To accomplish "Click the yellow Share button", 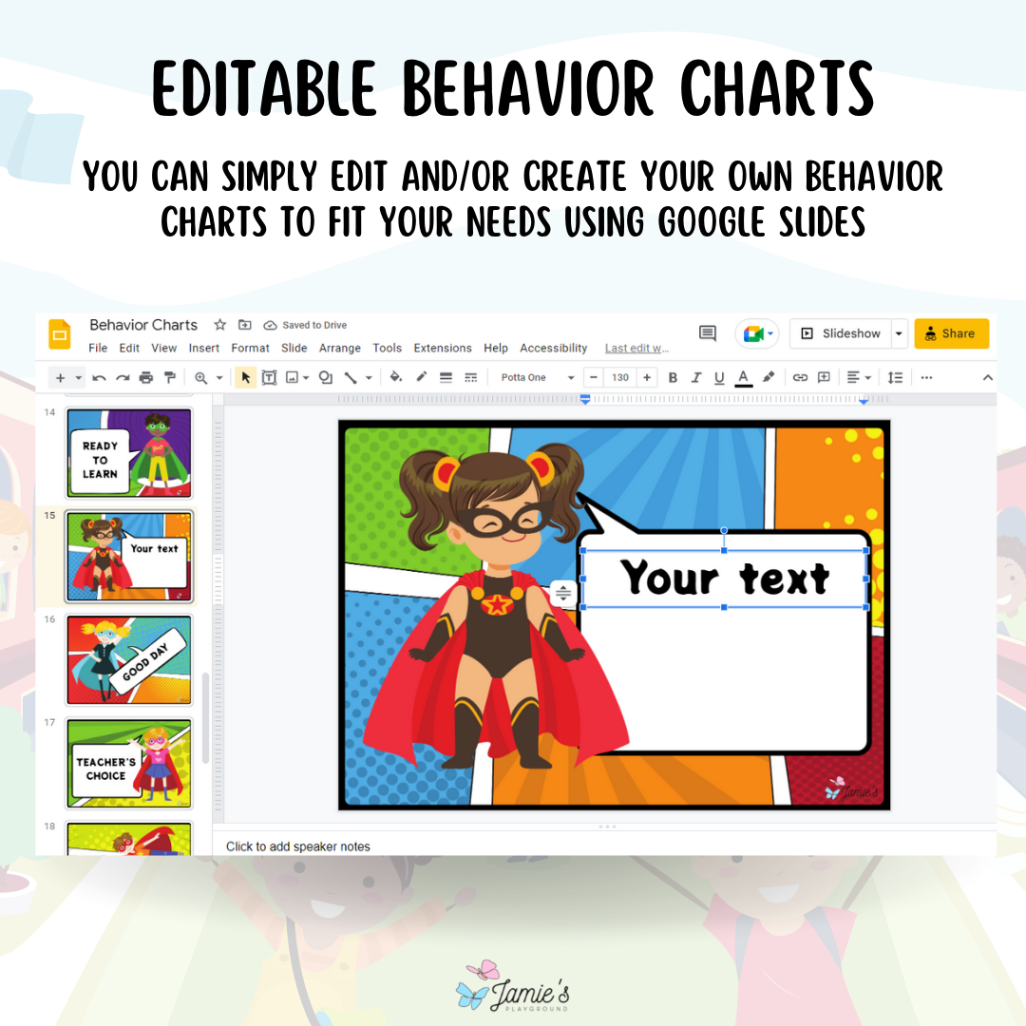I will click(951, 333).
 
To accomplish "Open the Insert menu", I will click(203, 349).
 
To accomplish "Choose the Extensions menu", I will click(442, 349).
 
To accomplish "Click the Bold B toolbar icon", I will click(673, 378).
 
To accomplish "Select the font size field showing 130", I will click(620, 378).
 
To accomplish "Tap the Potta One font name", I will click(524, 378).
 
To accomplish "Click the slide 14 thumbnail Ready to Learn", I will click(129, 453).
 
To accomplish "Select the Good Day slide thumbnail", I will click(129, 659).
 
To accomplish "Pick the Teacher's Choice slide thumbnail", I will click(129, 762).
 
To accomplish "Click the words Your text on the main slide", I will click(725, 578).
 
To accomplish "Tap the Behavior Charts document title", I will click(143, 325).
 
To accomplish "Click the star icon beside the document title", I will click(219, 325).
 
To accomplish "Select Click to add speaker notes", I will click(298, 846).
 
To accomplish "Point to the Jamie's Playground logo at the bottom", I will click(513, 986).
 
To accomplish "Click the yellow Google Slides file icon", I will click(60, 334).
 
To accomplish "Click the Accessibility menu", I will click(553, 349).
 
